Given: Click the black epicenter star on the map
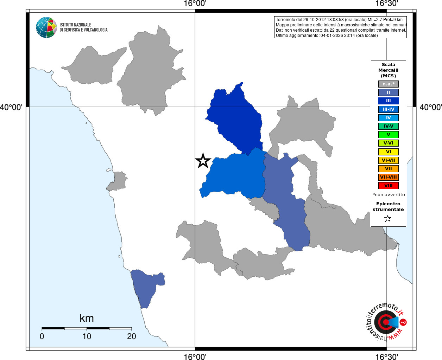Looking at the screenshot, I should click(x=203, y=161).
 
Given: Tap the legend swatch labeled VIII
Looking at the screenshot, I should click(x=388, y=186).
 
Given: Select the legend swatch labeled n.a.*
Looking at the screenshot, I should click(x=388, y=84).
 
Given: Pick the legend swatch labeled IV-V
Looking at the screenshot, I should click(x=388, y=126).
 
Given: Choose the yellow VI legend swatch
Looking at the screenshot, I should click(x=388, y=152).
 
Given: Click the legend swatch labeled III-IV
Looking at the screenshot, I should click(x=388, y=109).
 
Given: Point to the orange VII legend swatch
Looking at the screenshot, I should click(x=388, y=169).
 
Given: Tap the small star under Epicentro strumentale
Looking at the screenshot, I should click(x=388, y=219).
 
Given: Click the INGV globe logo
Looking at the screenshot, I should click(x=46, y=27).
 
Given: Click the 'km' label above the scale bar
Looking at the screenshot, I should click(x=87, y=319).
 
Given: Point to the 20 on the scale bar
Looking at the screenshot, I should click(x=132, y=336).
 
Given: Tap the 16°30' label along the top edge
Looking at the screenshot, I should click(x=386, y=4).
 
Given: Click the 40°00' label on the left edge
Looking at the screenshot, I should click(x=11, y=107).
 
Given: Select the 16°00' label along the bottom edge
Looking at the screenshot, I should click(x=195, y=356).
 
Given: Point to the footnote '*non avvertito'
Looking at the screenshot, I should click(x=389, y=195).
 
